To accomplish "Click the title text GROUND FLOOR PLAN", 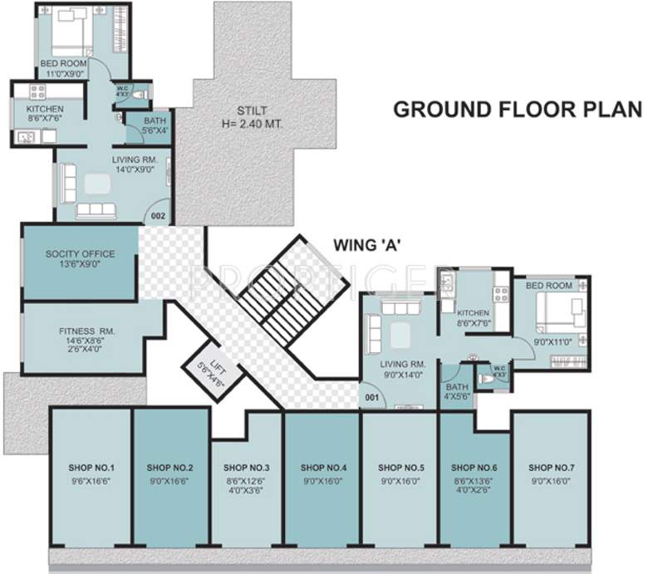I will pyautogui.click(x=517, y=110).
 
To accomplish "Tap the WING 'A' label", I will pyautogui.click(x=368, y=244).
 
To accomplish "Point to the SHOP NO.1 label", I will pyautogui.click(x=91, y=468).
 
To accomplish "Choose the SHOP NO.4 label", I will pyautogui.click(x=322, y=468).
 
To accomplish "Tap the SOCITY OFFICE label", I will pyautogui.click(x=81, y=253).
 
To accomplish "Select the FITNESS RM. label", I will pyautogui.click(x=81, y=331).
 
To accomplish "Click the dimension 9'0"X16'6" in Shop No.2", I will pyautogui.click(x=169, y=479).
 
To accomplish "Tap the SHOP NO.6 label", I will pyautogui.click(x=476, y=468).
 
